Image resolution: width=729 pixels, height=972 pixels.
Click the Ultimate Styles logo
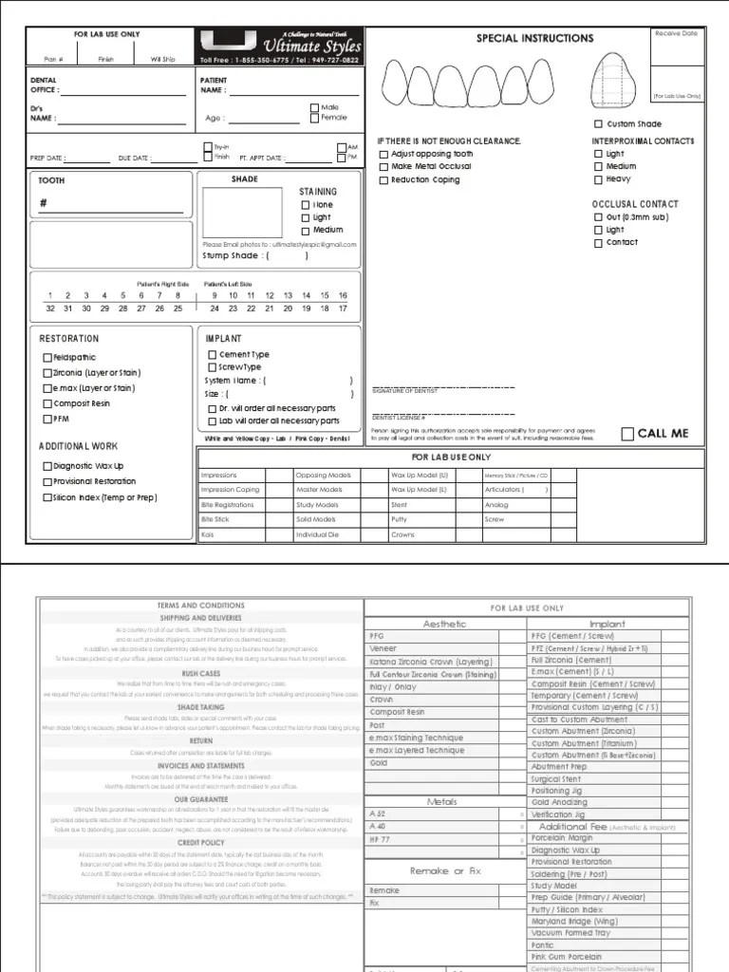coord(280,46)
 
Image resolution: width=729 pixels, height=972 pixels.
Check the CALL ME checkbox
coord(627,434)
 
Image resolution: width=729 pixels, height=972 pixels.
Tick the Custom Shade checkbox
coord(598,124)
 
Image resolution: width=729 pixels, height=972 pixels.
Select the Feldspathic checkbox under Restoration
coord(47,358)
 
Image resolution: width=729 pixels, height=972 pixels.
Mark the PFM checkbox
coord(47,419)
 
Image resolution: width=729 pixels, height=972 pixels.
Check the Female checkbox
coord(314,118)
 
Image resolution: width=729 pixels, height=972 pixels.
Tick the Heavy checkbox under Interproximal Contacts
coord(598,178)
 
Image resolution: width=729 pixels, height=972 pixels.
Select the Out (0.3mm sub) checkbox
coord(598,216)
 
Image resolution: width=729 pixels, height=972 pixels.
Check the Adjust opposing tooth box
coord(383,154)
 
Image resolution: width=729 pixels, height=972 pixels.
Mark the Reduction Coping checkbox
coord(383,179)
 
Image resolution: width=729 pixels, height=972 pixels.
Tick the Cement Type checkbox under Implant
coord(213,355)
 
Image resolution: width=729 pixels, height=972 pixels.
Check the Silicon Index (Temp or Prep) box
coord(47,497)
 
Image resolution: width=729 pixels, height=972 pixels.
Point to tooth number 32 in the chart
coord(49,308)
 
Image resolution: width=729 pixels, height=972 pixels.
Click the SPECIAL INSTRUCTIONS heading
coord(534,39)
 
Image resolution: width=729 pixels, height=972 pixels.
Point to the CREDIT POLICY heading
coord(200,842)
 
